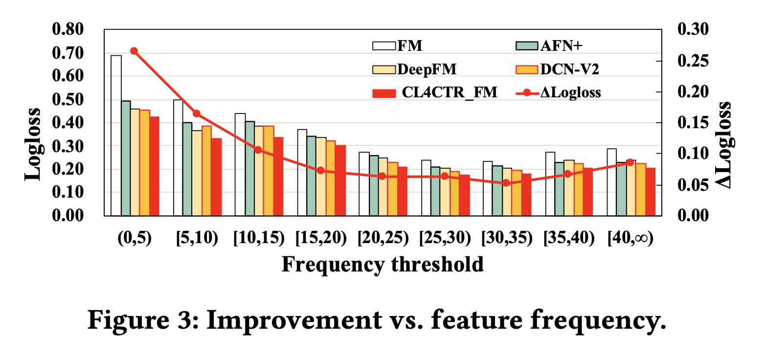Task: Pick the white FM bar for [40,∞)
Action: (611, 182)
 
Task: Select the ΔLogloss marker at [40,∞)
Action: (630, 162)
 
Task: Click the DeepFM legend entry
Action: (414, 69)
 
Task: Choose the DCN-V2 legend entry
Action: (558, 69)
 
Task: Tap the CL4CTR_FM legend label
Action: (450, 92)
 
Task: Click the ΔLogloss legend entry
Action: (558, 92)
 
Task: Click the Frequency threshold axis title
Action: (383, 265)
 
